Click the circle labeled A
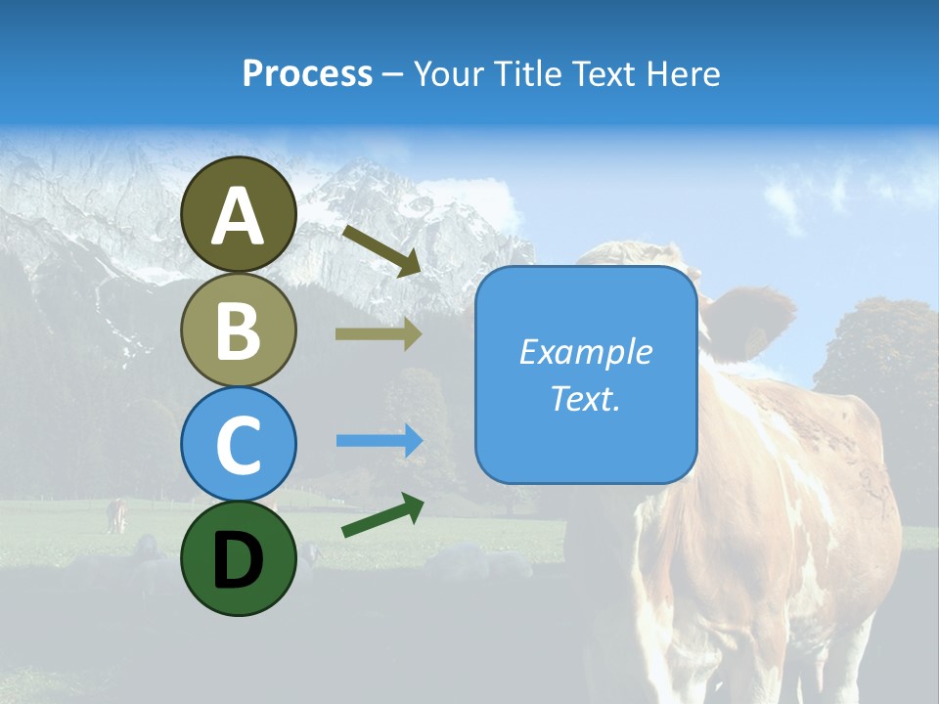(239, 214)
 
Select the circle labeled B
(239, 330)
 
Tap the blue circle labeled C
(239, 444)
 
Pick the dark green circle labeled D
(239, 558)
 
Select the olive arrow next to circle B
(379, 334)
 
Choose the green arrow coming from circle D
(382, 515)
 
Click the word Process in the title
(307, 73)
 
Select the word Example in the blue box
(586, 352)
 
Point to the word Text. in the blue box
(586, 398)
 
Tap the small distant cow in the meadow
(117, 514)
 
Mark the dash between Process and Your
(393, 74)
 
